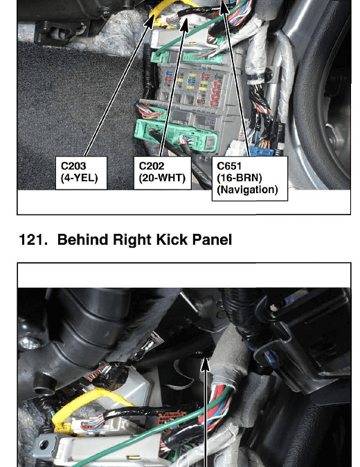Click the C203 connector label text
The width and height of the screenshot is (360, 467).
point(73,166)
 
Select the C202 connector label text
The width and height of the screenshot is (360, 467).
point(152,166)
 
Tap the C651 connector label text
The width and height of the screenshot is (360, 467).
point(229,166)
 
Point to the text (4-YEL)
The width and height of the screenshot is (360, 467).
point(80,178)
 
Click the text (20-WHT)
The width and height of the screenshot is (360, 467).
point(162,178)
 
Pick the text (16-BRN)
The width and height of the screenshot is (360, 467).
point(240,178)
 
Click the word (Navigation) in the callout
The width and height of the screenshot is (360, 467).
point(247,190)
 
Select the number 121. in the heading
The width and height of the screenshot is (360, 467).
point(33,240)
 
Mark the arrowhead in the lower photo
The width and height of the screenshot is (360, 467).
point(206,365)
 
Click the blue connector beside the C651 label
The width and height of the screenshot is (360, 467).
point(262,152)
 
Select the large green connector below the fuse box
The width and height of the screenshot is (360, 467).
point(176,136)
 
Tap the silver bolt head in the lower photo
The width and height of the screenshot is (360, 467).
point(29,343)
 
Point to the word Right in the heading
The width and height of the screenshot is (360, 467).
point(133,240)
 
